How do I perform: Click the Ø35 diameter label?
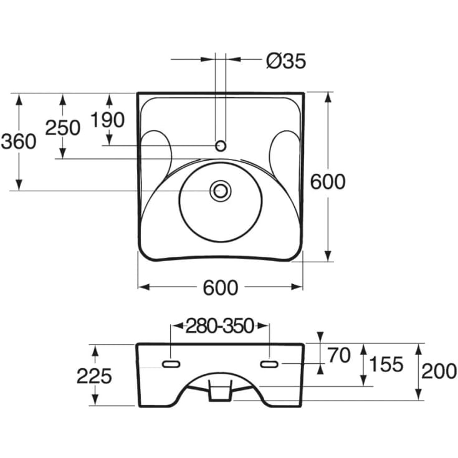pos(286,61)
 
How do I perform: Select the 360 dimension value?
pos(19,141)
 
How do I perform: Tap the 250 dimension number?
pos(63,128)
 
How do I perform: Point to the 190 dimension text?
pos(107,120)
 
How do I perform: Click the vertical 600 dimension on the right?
pos(328,182)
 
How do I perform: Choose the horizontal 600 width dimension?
pos(221,288)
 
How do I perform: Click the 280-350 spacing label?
pos(219,326)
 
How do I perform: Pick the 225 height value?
pos(94,376)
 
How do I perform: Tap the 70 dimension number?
pos(338,355)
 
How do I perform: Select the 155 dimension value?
pos(386,365)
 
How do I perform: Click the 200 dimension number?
pos(439,371)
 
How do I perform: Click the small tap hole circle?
pos(221,145)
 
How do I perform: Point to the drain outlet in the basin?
pos(221,191)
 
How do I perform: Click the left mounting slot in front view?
pos(171,364)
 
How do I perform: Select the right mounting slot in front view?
pos(269,364)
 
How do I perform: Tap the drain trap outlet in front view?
pos(220,391)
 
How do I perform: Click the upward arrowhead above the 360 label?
pos(19,99)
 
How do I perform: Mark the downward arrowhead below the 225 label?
pos(94,399)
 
